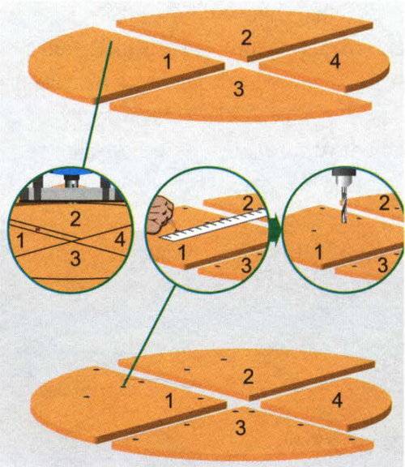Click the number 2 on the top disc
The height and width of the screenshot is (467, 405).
pyautogui.click(x=246, y=38)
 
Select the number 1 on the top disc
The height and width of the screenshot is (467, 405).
pyautogui.click(x=168, y=62)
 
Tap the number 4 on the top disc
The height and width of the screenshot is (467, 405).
pyautogui.click(x=335, y=62)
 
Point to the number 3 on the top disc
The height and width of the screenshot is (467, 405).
pyautogui.click(x=239, y=88)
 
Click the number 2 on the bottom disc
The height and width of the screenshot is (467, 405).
pyautogui.click(x=248, y=377)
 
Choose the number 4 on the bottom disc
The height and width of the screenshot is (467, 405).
pyautogui.click(x=337, y=401)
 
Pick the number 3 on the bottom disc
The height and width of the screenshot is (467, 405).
pyautogui.click(x=241, y=428)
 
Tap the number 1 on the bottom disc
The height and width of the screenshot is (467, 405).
pyautogui.click(x=169, y=401)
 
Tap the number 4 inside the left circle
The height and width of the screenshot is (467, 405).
pyautogui.click(x=120, y=239)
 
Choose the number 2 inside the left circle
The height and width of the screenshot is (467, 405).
pyautogui.click(x=75, y=219)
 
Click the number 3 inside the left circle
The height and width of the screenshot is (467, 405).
pyautogui.click(x=75, y=259)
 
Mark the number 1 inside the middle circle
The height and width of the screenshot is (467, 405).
pyautogui.click(x=181, y=253)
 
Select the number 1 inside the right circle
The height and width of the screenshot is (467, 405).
pyautogui.click(x=318, y=253)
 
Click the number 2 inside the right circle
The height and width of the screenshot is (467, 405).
pyautogui.click(x=384, y=204)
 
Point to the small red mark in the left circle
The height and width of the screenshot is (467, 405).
pyautogui.click(x=38, y=229)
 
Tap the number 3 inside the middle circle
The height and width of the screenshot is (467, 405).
pyautogui.click(x=246, y=266)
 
